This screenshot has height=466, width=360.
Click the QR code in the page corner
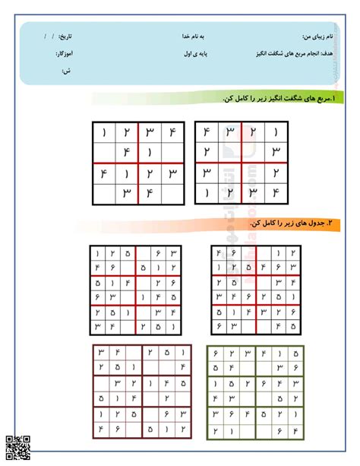(x=17, y=448)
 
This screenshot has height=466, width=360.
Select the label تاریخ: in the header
(x=67, y=36)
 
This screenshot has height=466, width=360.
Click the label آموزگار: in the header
(x=64, y=54)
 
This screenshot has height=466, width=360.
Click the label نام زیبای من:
(x=317, y=36)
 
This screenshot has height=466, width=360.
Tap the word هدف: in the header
(x=330, y=54)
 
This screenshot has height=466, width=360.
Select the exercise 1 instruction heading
(x=258, y=99)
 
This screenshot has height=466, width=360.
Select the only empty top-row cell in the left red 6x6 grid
(x=144, y=253)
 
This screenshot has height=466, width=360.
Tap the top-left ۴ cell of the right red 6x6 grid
(x=219, y=253)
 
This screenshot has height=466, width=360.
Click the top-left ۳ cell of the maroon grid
(x=99, y=352)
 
